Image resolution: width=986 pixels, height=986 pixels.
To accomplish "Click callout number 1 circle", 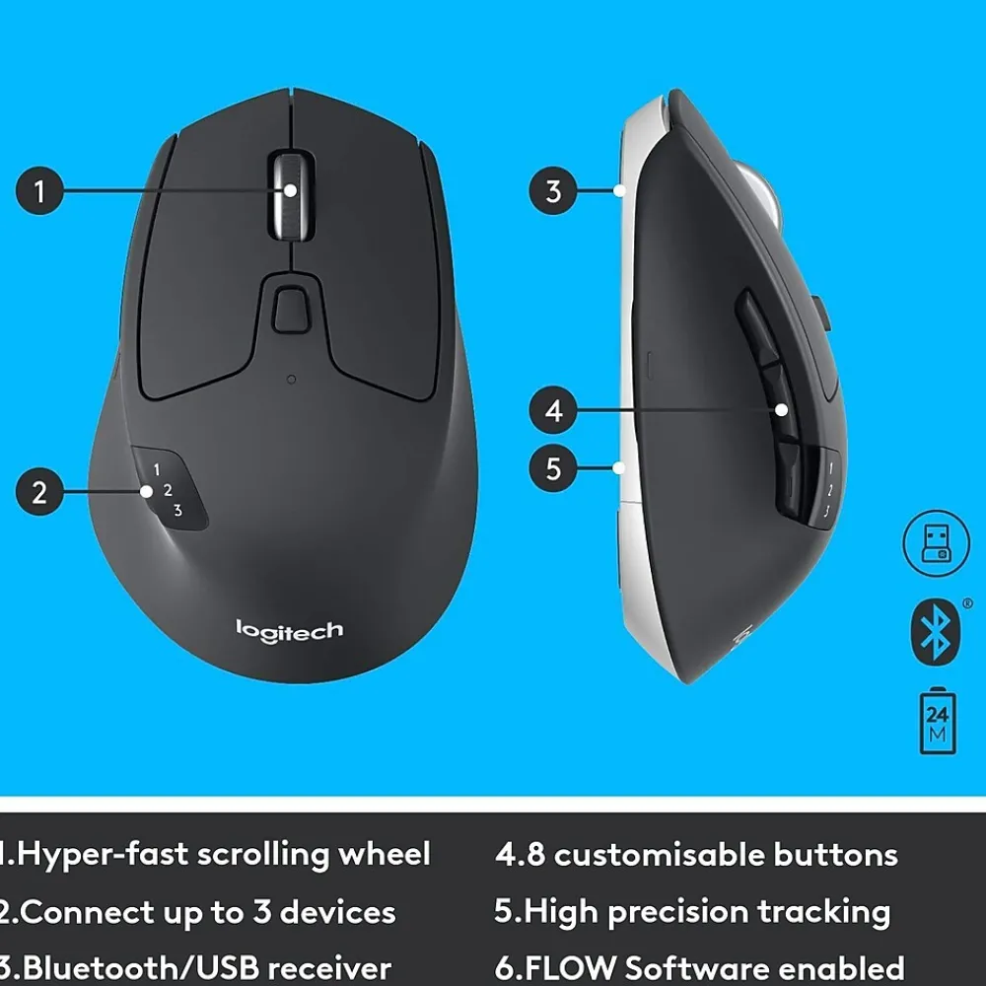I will coord(39,189).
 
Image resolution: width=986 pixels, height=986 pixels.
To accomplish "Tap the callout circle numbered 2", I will coord(39,491).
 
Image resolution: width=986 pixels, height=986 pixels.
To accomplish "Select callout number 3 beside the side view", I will coord(553,189).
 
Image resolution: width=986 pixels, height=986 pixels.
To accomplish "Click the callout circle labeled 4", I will coord(553,409).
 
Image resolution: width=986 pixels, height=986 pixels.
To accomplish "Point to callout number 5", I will coord(553,467).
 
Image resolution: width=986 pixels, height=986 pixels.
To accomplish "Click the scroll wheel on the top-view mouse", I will coord(291,193).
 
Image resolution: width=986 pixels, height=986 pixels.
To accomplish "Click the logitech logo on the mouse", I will coord(289,629).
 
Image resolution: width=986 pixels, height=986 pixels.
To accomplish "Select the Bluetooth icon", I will coord(933,632).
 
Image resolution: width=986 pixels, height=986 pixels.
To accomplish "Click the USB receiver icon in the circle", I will coord(932,542).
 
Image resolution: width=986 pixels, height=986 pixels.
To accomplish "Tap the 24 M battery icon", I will coord(937,723).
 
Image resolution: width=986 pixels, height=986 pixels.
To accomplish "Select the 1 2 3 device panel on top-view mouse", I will coord(168,489).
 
